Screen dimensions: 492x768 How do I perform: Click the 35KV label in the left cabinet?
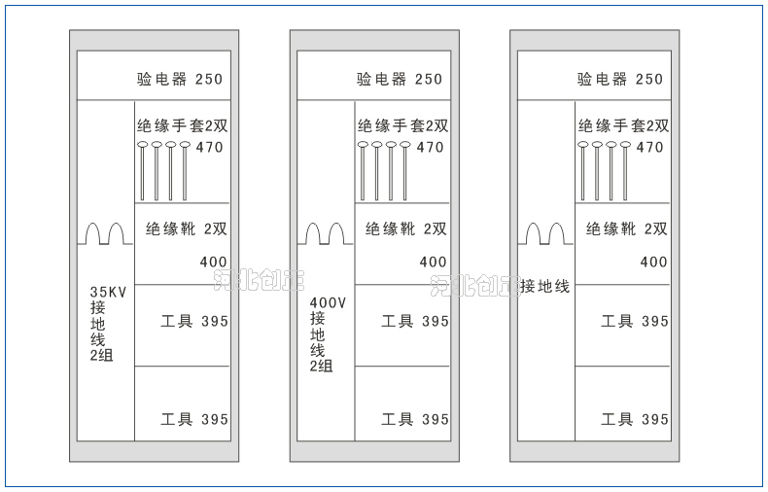(x=109, y=292)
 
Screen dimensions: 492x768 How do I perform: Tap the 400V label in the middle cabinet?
(x=328, y=302)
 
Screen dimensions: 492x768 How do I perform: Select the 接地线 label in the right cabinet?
(x=544, y=286)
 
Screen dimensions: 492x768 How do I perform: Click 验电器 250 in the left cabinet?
(x=180, y=80)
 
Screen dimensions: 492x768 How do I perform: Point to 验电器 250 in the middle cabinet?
(x=400, y=80)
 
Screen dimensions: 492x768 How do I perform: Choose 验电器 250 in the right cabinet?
(x=620, y=80)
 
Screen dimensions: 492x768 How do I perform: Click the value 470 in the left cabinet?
(x=210, y=148)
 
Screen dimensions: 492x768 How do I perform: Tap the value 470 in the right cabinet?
(x=649, y=148)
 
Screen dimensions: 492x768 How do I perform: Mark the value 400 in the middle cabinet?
(x=434, y=263)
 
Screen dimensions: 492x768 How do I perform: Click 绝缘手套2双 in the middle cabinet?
(x=402, y=125)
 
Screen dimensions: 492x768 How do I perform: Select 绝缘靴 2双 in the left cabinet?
(x=187, y=229)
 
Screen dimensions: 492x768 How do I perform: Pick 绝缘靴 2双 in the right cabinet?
(x=627, y=229)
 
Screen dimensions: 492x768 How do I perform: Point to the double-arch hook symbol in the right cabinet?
(x=545, y=234)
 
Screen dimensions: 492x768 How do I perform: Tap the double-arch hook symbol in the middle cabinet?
(x=326, y=234)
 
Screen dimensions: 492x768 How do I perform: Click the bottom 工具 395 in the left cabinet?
(x=194, y=420)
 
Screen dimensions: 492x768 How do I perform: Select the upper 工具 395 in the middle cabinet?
(x=415, y=321)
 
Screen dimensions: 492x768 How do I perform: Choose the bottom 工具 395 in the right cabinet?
(x=635, y=420)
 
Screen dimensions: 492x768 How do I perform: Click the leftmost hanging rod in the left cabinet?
(x=143, y=171)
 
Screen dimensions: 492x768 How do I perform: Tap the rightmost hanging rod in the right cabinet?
(x=625, y=171)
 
